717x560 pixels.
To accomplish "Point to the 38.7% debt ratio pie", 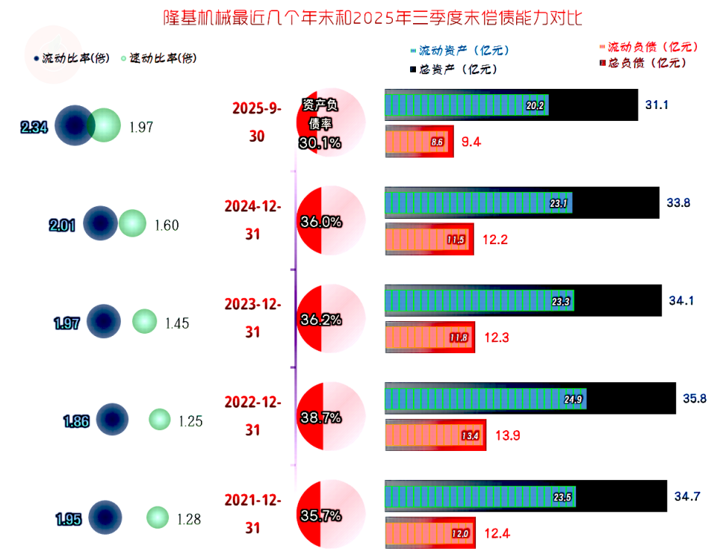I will pos(331,417).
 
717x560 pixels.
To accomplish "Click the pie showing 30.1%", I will pos(331,124).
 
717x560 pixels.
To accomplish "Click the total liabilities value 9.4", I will pos(471,142).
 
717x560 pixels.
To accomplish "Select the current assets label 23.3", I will pos(560,302).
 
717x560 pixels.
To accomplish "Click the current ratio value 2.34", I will pos(34,128).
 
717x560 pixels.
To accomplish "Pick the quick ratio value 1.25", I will pos(190,421).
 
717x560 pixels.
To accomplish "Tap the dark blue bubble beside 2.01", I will pos(100,223).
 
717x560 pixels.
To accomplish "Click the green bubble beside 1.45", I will pos(145,322).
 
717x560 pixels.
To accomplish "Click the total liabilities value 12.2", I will pos(495,240).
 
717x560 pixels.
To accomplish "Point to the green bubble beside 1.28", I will pos(158,517).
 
